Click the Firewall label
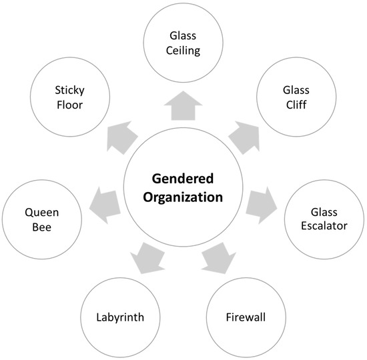[245, 317]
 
